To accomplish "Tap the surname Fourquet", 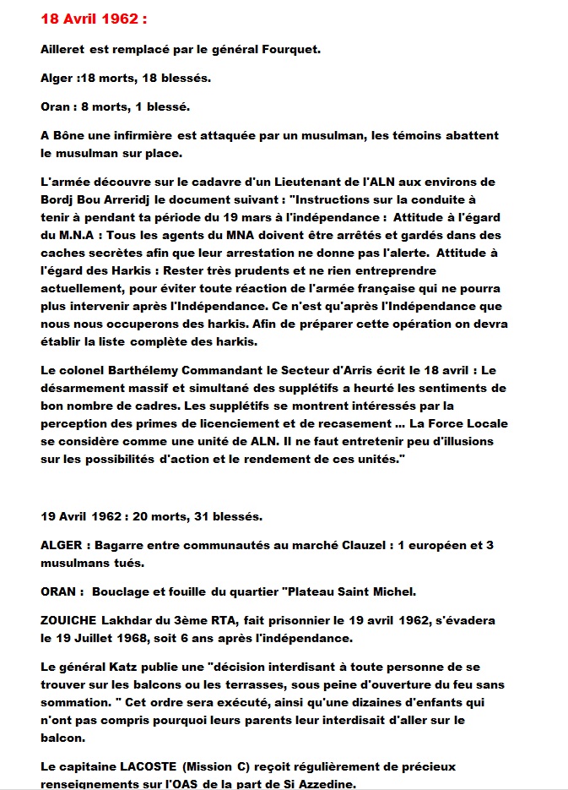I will pyautogui.click(x=290, y=49).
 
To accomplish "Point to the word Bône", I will pyautogui.click(x=70, y=135).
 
